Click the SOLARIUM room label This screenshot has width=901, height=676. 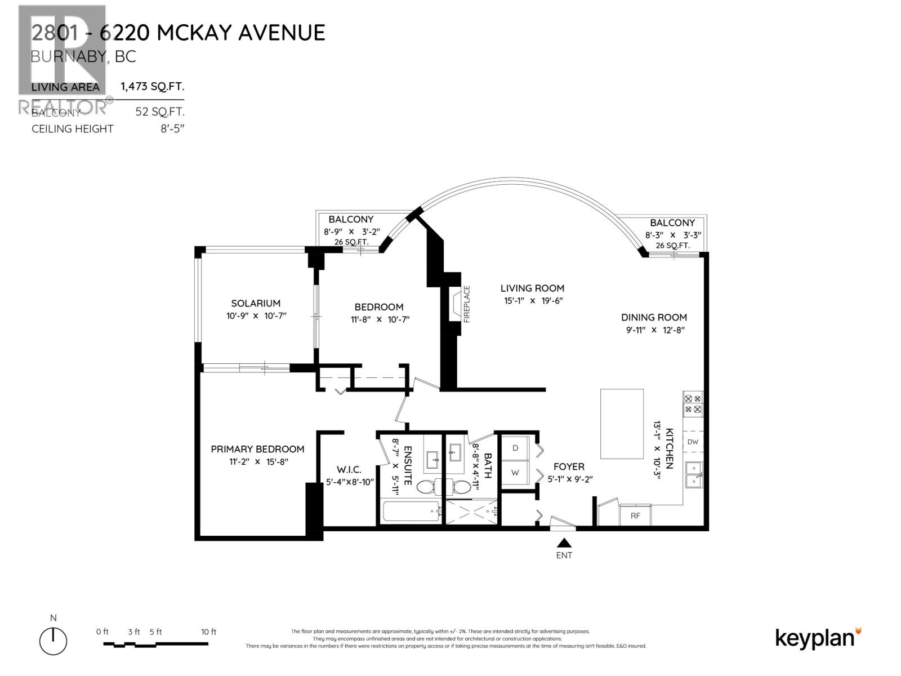click(x=255, y=303)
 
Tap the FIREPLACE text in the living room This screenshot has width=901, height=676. click(x=466, y=304)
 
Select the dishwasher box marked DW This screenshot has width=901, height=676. click(x=693, y=442)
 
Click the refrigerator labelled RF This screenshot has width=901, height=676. click(x=635, y=515)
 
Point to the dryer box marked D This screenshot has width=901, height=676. click(x=515, y=448)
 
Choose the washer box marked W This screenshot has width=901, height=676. click(x=515, y=473)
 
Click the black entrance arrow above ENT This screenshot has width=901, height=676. click(x=564, y=543)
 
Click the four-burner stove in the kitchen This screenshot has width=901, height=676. click(x=693, y=404)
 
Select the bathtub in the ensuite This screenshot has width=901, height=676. click(x=412, y=512)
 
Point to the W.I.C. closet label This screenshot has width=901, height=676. click(x=349, y=470)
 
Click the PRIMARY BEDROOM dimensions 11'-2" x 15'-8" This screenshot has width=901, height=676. click(x=257, y=462)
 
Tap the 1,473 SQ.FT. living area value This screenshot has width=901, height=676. click(x=152, y=87)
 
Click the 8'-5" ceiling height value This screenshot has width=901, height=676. click(x=172, y=128)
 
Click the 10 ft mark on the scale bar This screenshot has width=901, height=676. click(x=208, y=632)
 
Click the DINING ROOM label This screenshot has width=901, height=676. click(x=654, y=317)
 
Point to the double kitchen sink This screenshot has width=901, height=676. click(x=693, y=474)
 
